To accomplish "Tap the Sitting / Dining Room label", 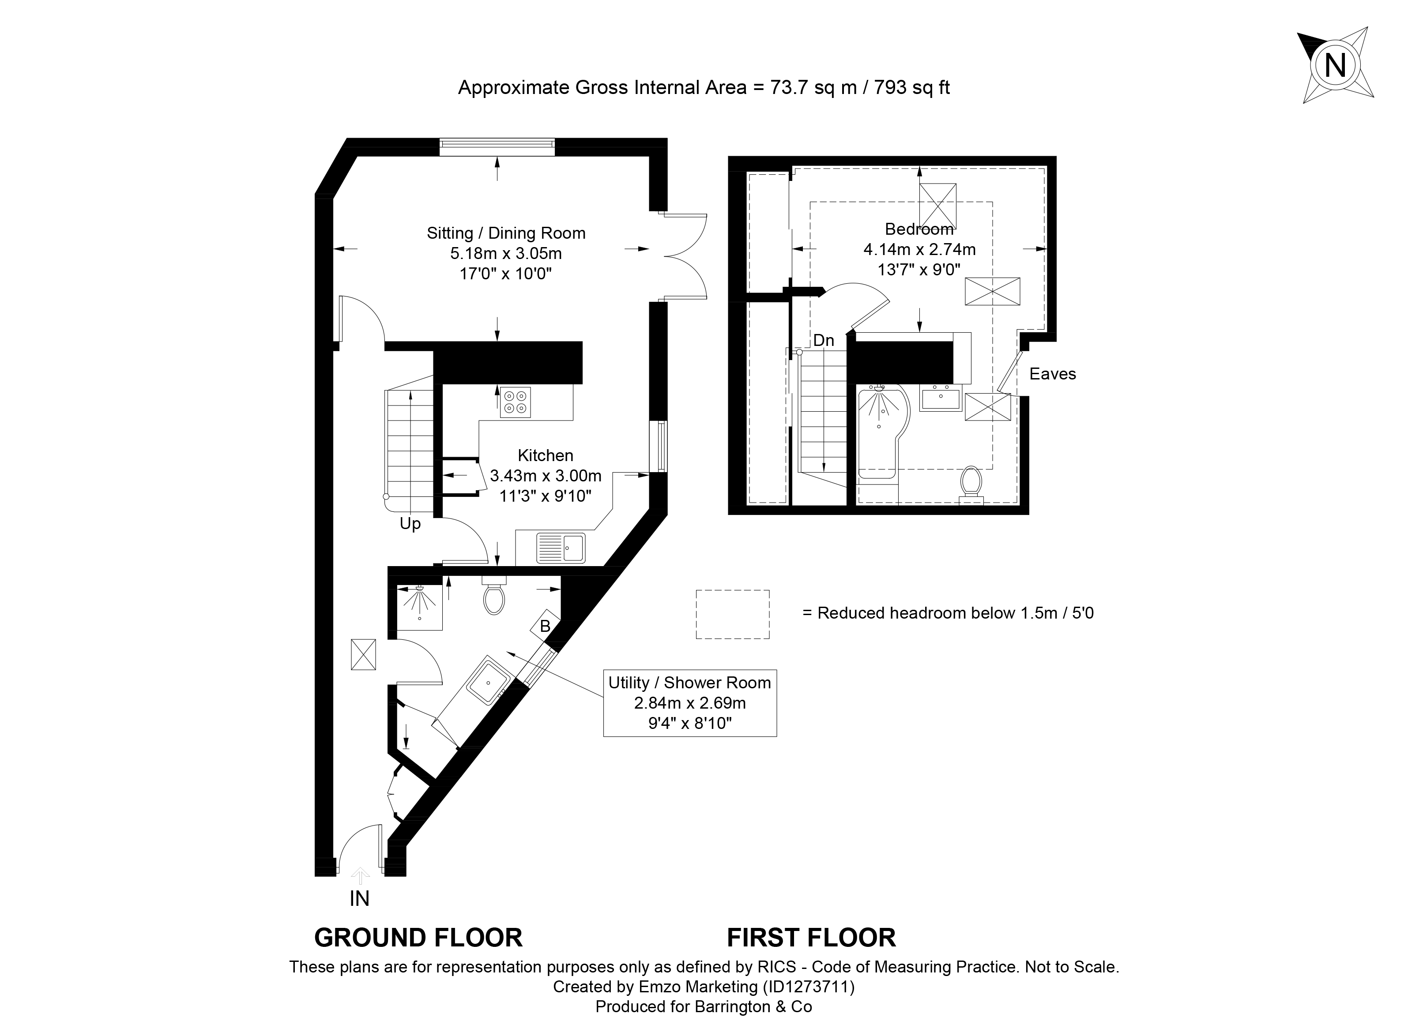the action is [506, 233].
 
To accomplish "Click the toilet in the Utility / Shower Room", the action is [494, 595].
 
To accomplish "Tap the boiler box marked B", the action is [545, 626].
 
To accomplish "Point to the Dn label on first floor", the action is [823, 340].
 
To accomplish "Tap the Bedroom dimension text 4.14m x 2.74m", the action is [919, 249].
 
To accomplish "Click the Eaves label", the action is [1052, 374].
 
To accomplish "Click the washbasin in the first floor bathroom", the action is [941, 397].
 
